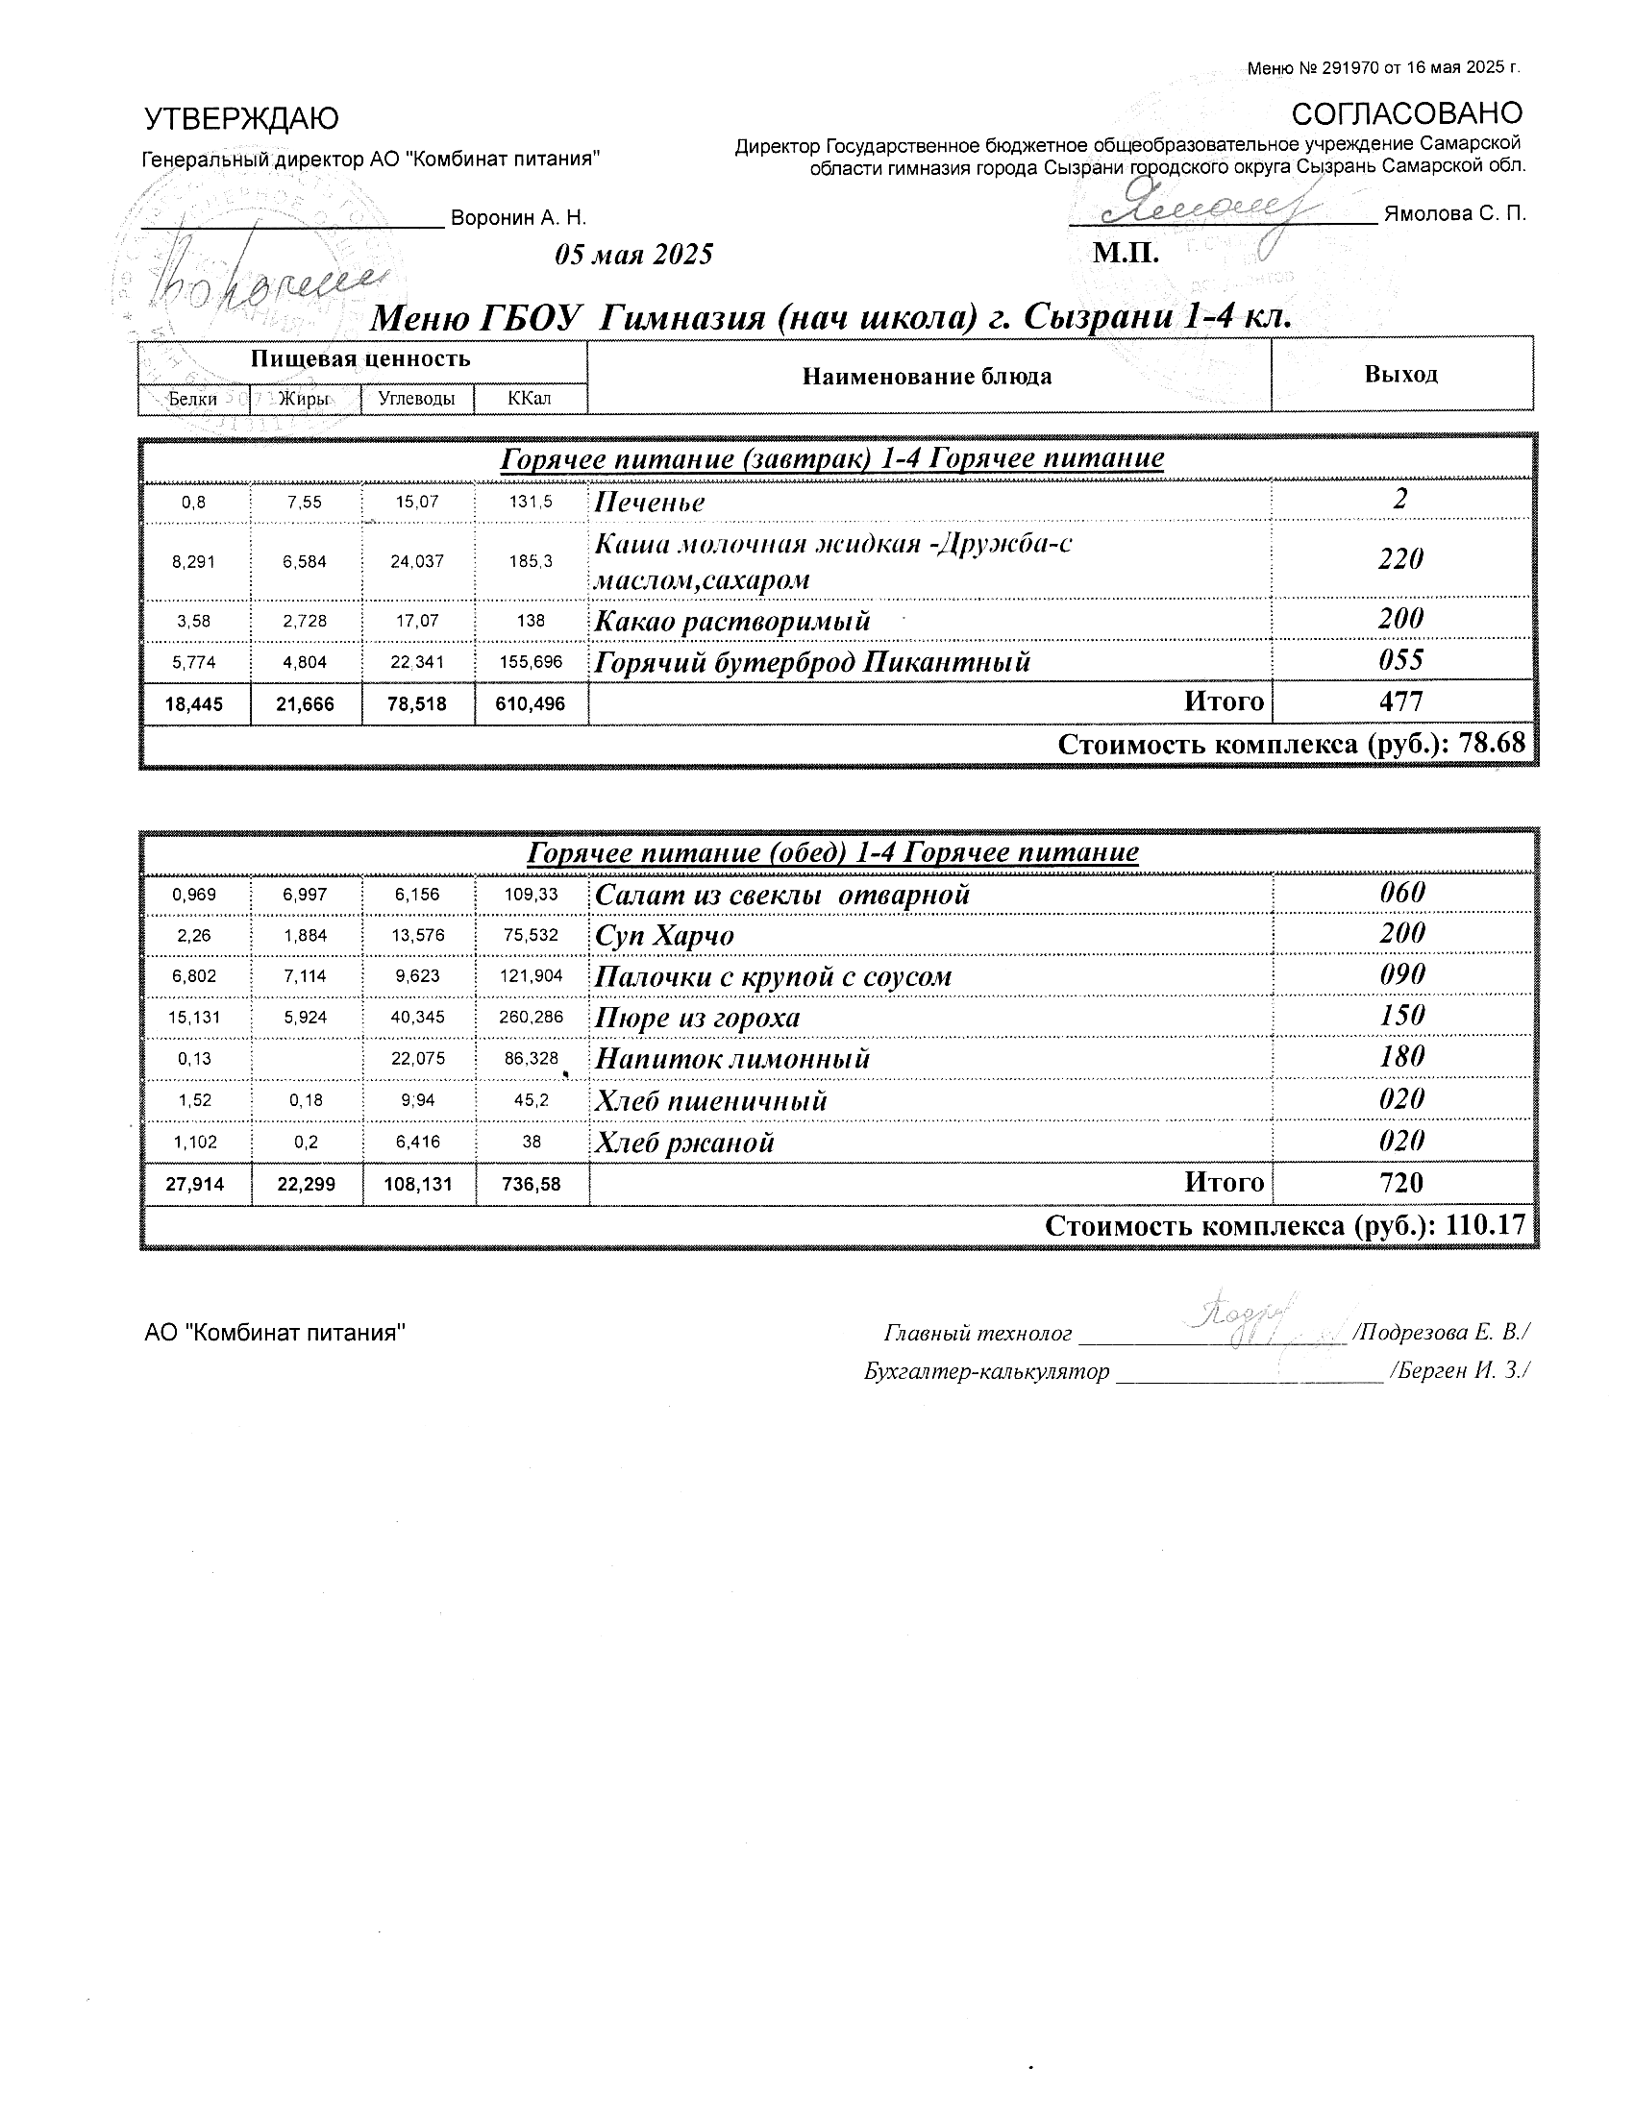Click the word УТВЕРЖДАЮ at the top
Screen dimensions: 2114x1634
241,119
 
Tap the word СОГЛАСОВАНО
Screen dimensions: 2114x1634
1406,113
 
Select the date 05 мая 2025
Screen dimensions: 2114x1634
634,255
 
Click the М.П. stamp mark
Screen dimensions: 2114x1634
1126,254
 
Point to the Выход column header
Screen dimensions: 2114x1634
1400,375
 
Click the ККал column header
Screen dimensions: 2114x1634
530,398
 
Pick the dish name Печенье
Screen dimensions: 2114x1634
650,503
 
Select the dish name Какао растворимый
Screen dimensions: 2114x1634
731,622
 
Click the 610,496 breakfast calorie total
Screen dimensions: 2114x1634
531,704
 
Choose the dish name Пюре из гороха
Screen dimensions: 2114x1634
697,1019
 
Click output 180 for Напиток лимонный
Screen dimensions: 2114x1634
1401,1056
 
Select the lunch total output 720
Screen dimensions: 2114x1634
1400,1183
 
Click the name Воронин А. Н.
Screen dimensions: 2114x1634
519,218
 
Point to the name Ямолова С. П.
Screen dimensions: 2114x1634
1455,214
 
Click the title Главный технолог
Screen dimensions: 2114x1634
978,1334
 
